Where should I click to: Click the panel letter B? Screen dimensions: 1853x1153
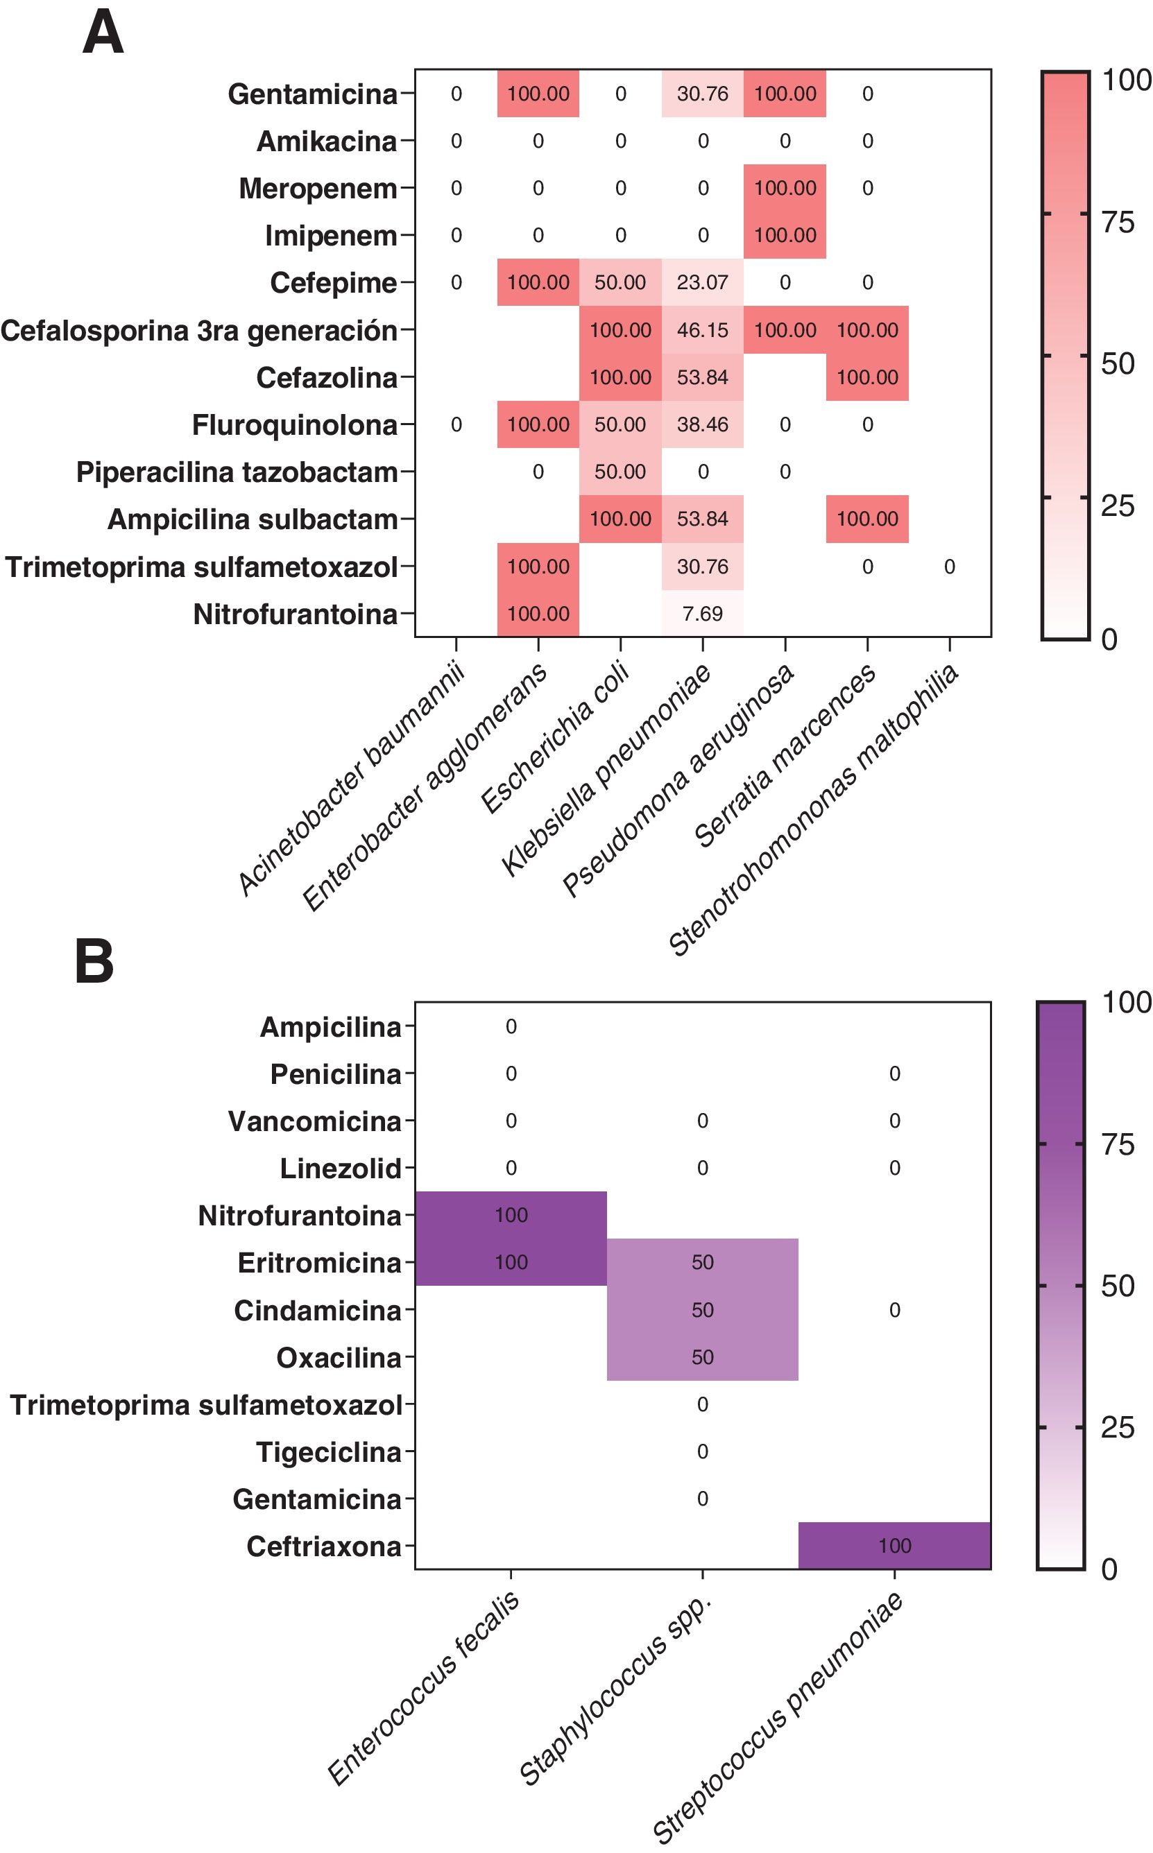point(94,962)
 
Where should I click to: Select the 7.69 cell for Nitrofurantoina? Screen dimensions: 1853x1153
point(702,614)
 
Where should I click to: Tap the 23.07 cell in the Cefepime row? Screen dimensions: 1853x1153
point(702,283)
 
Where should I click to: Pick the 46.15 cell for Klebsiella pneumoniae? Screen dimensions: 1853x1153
point(702,330)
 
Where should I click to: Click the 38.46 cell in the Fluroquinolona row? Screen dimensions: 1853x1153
point(702,424)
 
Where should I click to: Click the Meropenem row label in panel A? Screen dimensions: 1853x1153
point(317,188)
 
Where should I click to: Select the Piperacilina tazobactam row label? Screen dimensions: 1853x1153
point(237,472)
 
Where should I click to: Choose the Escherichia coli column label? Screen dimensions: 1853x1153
point(554,738)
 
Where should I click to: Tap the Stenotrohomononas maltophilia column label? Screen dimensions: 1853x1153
point(812,809)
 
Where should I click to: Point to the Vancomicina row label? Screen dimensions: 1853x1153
point(314,1121)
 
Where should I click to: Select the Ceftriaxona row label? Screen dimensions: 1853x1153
point(323,1546)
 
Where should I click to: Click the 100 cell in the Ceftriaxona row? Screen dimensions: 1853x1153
point(894,1546)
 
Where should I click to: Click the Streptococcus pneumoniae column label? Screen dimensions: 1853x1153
point(778,1716)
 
